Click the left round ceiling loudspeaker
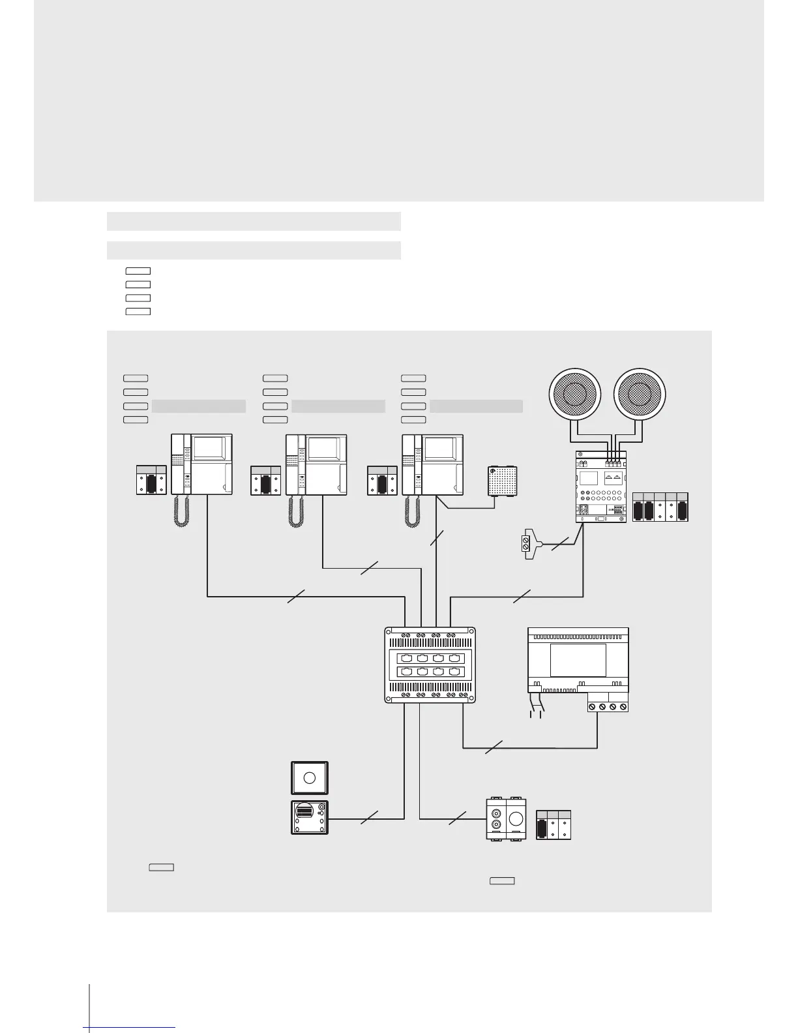pos(574,394)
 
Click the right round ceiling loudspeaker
pos(641,394)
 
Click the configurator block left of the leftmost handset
pos(151,481)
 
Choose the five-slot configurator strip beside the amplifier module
pos(660,507)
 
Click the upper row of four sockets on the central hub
pos(430,659)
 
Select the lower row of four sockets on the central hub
pos(430,672)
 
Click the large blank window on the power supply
pos(578,660)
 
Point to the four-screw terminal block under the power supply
pos(608,706)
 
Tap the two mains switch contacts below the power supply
pos(537,708)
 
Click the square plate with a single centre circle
pos(310,777)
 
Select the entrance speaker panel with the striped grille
pos(310,817)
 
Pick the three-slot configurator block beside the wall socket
pos(554,825)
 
